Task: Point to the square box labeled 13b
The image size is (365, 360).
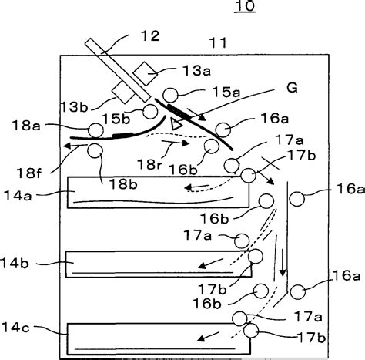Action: (122, 93)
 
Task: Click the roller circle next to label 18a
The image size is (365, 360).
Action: (95, 130)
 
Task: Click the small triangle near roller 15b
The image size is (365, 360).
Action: (176, 123)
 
